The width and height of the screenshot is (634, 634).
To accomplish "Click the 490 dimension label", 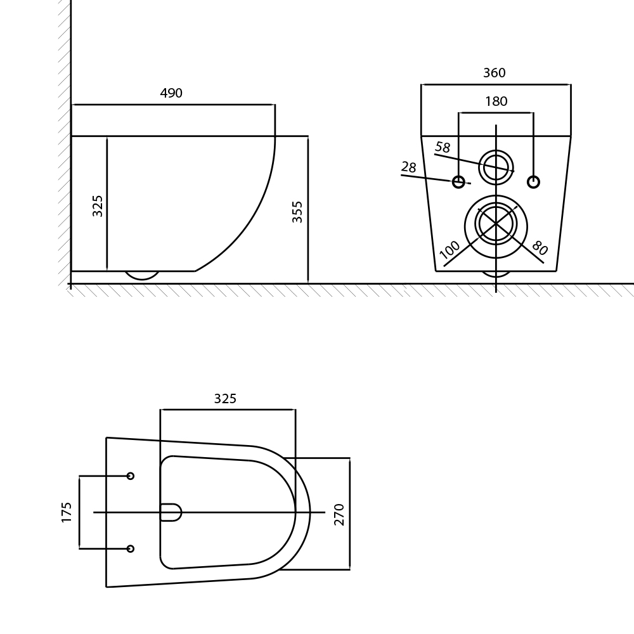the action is click(171, 93).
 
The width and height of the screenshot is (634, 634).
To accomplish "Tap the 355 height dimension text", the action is click(297, 212).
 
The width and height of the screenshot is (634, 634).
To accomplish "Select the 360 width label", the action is click(494, 73).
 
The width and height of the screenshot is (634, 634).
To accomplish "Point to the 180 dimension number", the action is click(496, 101).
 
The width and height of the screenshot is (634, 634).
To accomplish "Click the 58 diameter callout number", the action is click(443, 147).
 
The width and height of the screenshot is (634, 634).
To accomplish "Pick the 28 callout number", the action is click(409, 167).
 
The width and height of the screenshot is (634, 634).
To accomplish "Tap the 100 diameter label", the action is click(450, 250).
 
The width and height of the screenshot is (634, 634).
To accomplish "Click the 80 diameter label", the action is click(540, 247).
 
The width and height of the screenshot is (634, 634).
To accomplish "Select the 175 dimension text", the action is click(67, 512).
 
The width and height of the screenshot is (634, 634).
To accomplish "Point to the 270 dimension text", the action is click(339, 514).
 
